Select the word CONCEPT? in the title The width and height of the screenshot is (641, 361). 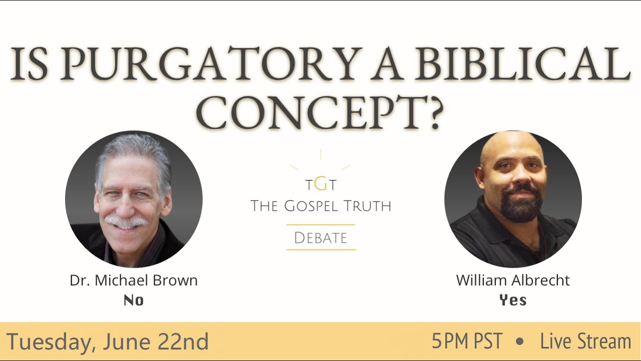coord(320,111)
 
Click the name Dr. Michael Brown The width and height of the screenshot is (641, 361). coord(134,280)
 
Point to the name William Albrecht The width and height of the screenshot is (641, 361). coord(513,280)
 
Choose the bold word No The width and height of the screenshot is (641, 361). coord(134,300)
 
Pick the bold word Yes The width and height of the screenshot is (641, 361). coord(513,300)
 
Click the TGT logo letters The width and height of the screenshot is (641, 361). coord(320,185)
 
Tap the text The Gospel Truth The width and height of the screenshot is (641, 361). coord(320,206)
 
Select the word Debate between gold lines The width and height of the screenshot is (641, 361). coord(320,238)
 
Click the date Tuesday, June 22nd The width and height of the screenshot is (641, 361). coord(107,342)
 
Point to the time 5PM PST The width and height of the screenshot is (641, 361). coord(467,342)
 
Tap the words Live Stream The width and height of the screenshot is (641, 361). coord(585,342)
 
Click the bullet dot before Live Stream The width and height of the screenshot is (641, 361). coord(520,342)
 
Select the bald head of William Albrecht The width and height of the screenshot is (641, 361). coord(511,148)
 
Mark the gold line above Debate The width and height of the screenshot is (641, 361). coord(320,225)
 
